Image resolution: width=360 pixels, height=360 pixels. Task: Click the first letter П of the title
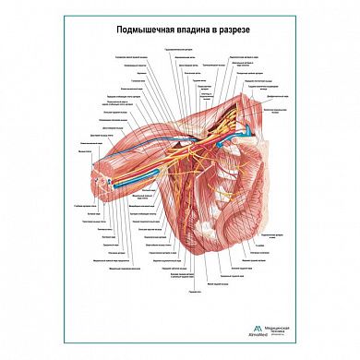pos(119,29)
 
